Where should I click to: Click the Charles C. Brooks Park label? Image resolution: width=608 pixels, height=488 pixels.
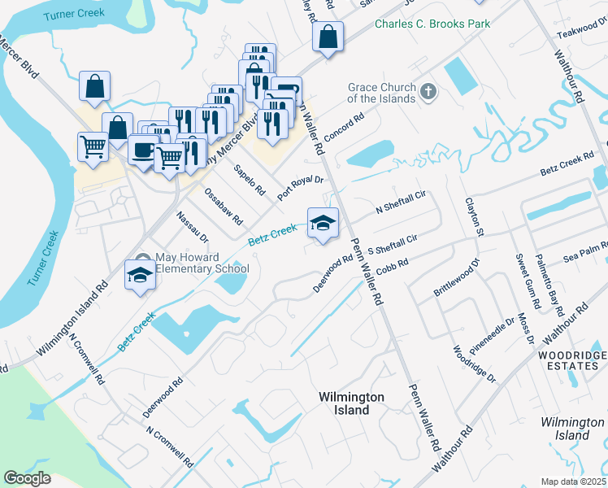pos(432,24)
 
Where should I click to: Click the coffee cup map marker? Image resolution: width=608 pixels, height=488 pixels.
pos(144,150)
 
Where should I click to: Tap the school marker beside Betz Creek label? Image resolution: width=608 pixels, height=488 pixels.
pos(323,224)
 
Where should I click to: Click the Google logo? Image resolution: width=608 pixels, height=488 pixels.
pos(28,478)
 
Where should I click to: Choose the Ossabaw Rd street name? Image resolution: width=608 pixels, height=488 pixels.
pos(224,207)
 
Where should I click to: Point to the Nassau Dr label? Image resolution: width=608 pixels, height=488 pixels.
pos(193,227)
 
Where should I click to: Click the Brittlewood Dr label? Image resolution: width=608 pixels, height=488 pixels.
pos(458,278)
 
